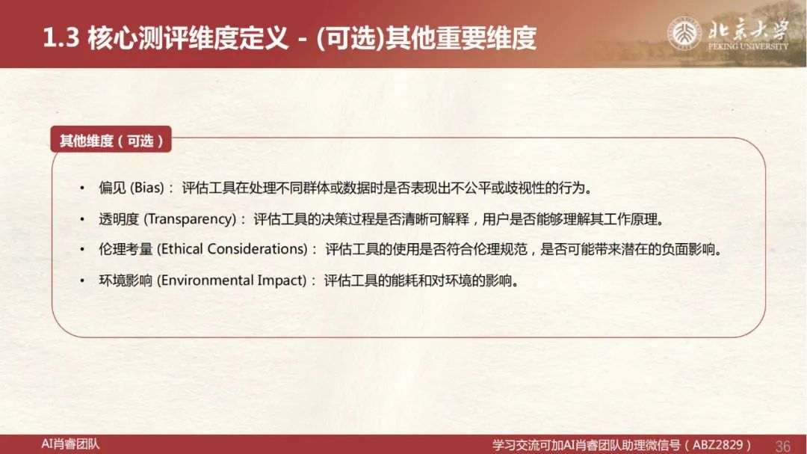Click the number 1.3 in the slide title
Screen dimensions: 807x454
(61, 38)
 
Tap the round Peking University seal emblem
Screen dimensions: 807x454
(684, 34)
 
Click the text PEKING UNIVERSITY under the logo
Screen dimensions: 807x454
(748, 46)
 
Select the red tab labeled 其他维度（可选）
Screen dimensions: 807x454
(111, 140)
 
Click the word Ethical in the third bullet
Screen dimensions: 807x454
(179, 249)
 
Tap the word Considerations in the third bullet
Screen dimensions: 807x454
(258, 249)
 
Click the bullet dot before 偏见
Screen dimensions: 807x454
(82, 188)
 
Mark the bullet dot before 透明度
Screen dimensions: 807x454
(82, 220)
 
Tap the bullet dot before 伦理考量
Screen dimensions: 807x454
(82, 250)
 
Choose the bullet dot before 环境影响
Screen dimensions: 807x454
(82, 281)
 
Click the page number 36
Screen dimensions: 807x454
(783, 446)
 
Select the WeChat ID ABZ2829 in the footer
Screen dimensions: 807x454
(718, 445)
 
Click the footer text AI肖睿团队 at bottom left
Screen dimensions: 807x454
(70, 444)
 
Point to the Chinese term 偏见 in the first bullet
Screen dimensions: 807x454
(112, 188)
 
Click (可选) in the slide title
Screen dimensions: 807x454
(350, 39)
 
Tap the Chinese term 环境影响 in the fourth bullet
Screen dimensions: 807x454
(126, 280)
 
